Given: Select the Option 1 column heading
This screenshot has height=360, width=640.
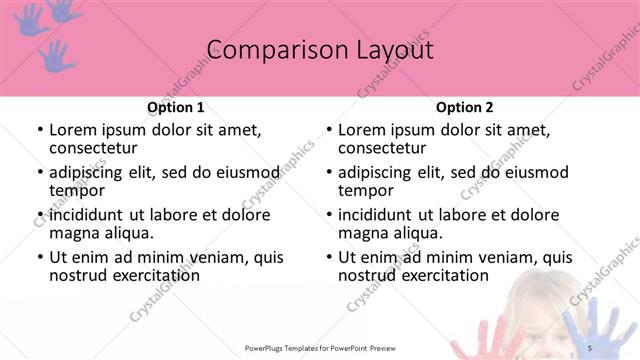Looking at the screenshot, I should tap(175, 107).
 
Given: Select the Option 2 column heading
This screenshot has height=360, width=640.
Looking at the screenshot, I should tap(465, 107).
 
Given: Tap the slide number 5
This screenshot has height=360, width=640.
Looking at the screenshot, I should tap(589, 347).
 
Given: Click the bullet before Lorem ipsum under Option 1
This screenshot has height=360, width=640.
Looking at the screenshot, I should tap(39, 130).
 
